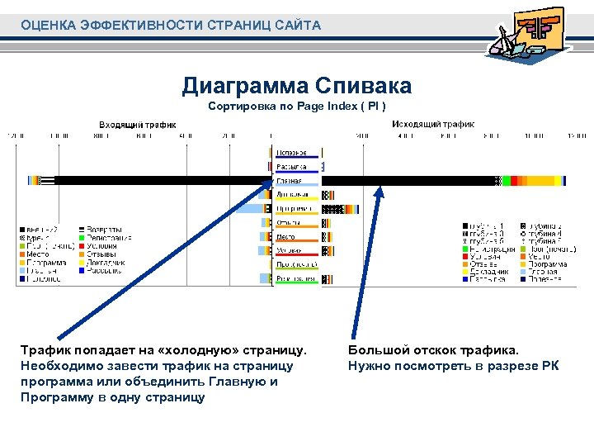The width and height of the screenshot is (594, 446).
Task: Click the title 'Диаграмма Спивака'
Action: point(296,86)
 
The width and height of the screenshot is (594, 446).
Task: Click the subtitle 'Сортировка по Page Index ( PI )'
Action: point(296,107)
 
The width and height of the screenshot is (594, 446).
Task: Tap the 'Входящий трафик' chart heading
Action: point(138,124)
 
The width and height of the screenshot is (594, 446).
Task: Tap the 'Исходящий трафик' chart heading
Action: point(432,124)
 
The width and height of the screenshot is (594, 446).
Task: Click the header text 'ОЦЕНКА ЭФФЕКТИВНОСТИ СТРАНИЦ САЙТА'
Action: point(171,26)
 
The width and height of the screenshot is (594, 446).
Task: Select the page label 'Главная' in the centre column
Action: point(289,181)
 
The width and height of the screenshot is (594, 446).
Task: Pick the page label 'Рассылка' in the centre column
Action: point(291,166)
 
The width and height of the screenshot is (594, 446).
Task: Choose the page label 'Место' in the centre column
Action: point(286,236)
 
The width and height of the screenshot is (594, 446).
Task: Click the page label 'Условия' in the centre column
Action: point(289,249)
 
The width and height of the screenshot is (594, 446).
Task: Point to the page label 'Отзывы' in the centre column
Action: point(288,222)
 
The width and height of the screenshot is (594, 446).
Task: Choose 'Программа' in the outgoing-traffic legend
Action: point(548,263)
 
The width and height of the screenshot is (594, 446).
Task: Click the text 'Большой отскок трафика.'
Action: point(434,351)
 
